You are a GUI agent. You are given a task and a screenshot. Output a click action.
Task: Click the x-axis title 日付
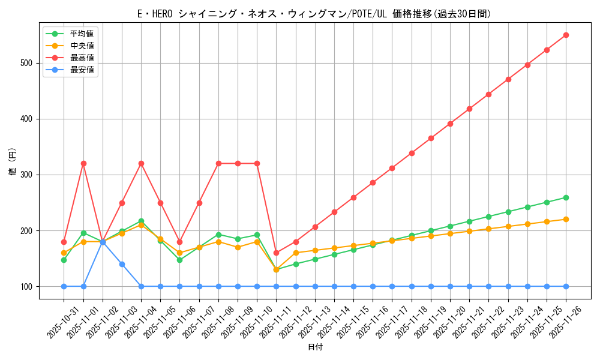point(315,347)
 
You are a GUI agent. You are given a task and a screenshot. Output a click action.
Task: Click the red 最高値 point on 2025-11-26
point(566,35)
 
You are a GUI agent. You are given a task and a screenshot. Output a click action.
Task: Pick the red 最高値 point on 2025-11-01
point(83,163)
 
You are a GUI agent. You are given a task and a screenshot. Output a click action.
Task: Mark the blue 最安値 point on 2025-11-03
point(122,264)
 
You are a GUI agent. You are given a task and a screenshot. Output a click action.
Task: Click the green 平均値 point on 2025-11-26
point(566,197)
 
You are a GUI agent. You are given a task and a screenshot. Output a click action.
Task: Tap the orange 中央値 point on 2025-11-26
point(566,219)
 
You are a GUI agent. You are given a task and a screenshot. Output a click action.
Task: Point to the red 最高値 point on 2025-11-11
point(276,253)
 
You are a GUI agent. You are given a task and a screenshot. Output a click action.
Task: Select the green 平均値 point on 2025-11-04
point(141,221)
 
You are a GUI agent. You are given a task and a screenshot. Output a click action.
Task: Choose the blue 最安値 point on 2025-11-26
point(566,286)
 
